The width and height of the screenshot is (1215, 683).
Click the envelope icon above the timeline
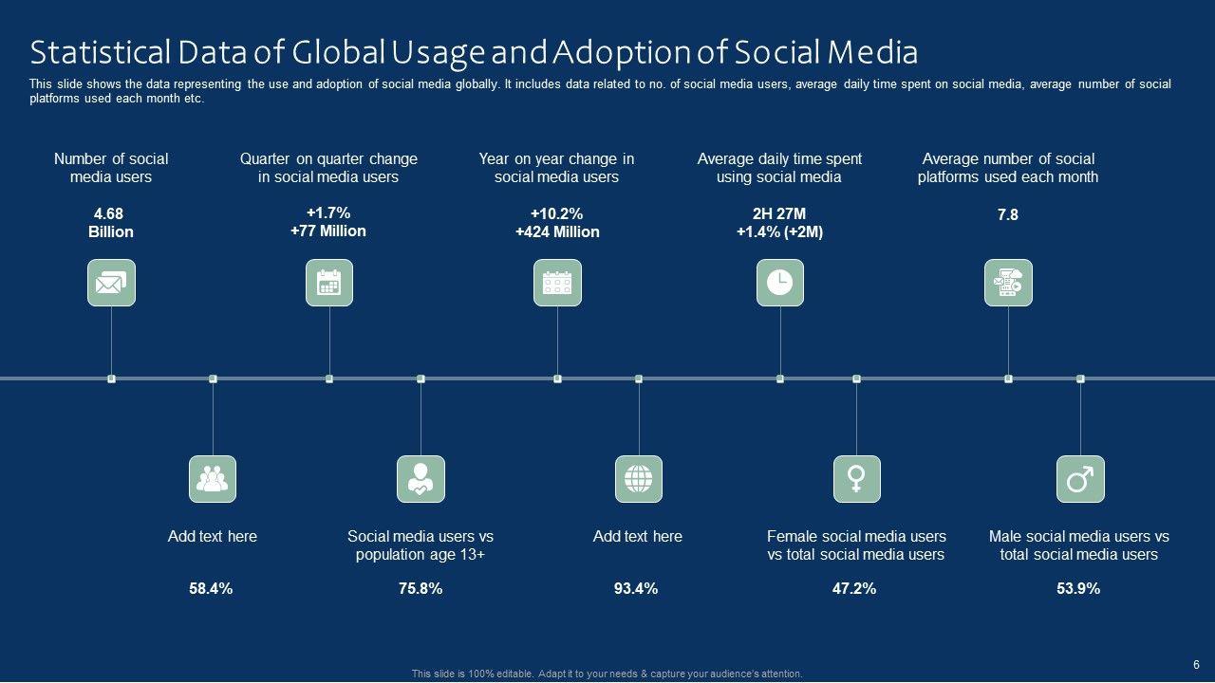coord(111,283)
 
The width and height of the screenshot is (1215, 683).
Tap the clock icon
coord(779,283)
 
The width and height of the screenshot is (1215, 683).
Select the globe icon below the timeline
coord(638,479)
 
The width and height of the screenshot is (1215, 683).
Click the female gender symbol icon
coord(856,479)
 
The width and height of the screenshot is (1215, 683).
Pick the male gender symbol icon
coord(1080,479)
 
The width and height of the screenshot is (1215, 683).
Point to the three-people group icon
coord(213,479)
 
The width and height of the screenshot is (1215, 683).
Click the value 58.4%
coord(211,589)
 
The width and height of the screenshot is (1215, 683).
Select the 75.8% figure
coord(421,589)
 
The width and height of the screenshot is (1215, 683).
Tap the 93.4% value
coord(636,589)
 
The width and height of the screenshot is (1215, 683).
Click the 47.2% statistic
coord(854,589)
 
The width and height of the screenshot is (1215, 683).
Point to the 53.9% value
coord(1078,589)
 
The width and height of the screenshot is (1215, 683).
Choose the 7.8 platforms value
coord(1007,215)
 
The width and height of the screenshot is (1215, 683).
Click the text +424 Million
coord(557,231)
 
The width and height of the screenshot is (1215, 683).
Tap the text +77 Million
coord(328,231)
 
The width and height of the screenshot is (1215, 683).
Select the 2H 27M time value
coord(779,213)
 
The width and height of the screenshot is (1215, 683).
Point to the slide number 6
coord(1196,665)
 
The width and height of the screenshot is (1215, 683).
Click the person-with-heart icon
coord(421,479)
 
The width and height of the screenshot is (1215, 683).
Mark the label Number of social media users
coord(111,168)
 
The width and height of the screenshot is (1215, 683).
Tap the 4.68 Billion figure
coord(111,223)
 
